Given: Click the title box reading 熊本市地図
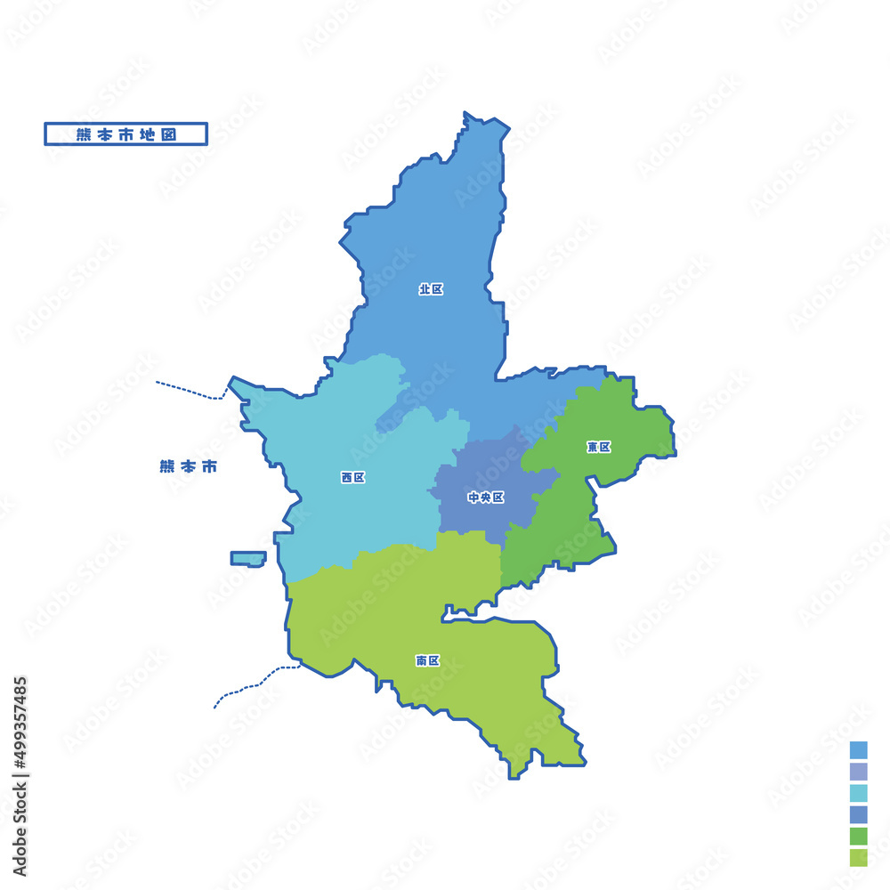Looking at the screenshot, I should tap(125, 133).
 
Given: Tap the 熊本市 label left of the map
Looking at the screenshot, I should tap(188, 466).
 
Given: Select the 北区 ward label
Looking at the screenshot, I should tap(431, 289).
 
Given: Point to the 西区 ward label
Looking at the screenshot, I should tap(352, 478).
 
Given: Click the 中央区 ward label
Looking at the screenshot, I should tap(486, 498).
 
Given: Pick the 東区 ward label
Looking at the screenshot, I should tap(599, 447).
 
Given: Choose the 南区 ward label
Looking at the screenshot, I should tap(427, 660).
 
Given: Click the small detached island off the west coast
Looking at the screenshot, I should tap(248, 558).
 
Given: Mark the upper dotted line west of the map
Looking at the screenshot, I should tap(189, 390).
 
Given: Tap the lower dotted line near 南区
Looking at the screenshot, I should tap(254, 684).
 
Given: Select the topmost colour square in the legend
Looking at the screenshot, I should tap(858, 749).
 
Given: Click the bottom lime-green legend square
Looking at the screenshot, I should tap(858, 857).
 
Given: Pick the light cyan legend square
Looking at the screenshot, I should tap(858, 793).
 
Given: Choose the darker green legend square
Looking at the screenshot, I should tap(858, 836).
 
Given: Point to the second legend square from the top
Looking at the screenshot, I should tap(858, 772).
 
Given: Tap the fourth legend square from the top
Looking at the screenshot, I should tap(858, 814).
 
